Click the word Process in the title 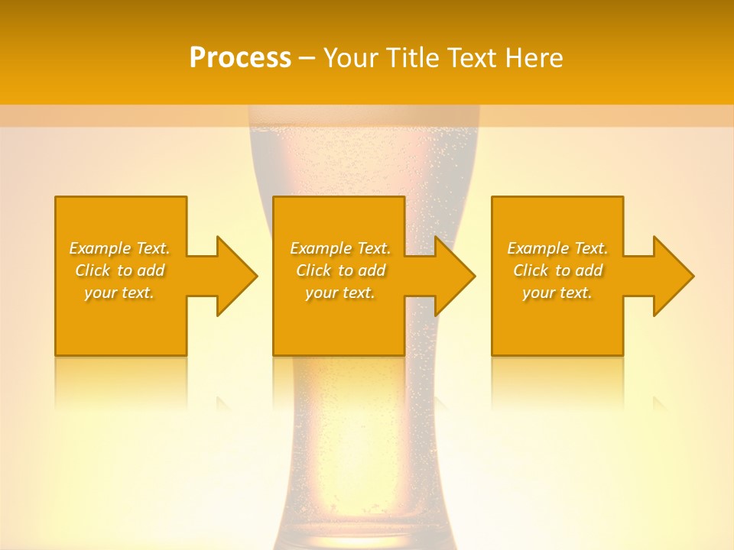tap(240, 58)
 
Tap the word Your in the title tap(352, 58)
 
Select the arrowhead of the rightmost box tap(673, 276)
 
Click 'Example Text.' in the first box tap(119, 248)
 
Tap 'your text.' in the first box tap(119, 293)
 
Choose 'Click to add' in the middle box tap(340, 270)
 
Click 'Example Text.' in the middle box tap(340, 248)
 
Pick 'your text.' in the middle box tap(340, 293)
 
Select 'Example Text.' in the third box tap(557, 248)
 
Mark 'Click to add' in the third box tap(557, 270)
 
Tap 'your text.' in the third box tap(557, 293)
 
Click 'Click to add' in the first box tap(119, 270)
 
